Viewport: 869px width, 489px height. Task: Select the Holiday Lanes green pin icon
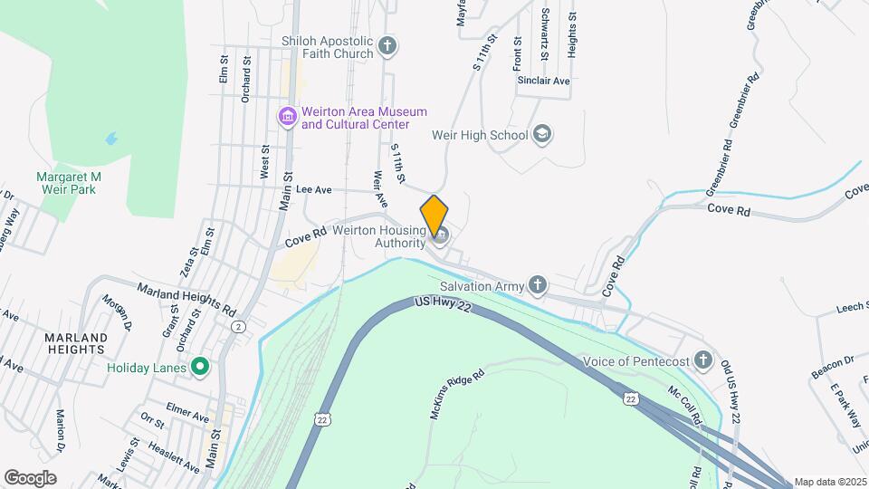[x=201, y=368]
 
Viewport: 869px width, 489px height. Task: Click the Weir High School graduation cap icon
[x=542, y=135]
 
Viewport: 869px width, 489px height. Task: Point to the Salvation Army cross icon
[x=538, y=286]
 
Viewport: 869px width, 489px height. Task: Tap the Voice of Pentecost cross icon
[x=703, y=361]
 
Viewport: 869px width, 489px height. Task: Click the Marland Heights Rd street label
[x=186, y=297]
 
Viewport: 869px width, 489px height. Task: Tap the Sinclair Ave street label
[x=543, y=81]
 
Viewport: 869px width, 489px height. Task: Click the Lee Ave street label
[x=314, y=189]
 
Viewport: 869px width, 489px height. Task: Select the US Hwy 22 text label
[x=443, y=306]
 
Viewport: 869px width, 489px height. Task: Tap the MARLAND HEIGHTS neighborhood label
[x=75, y=343]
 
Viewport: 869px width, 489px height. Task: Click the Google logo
[x=30, y=477]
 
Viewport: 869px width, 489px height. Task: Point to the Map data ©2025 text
[x=829, y=482]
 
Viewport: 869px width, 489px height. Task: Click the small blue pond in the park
[x=110, y=139]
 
